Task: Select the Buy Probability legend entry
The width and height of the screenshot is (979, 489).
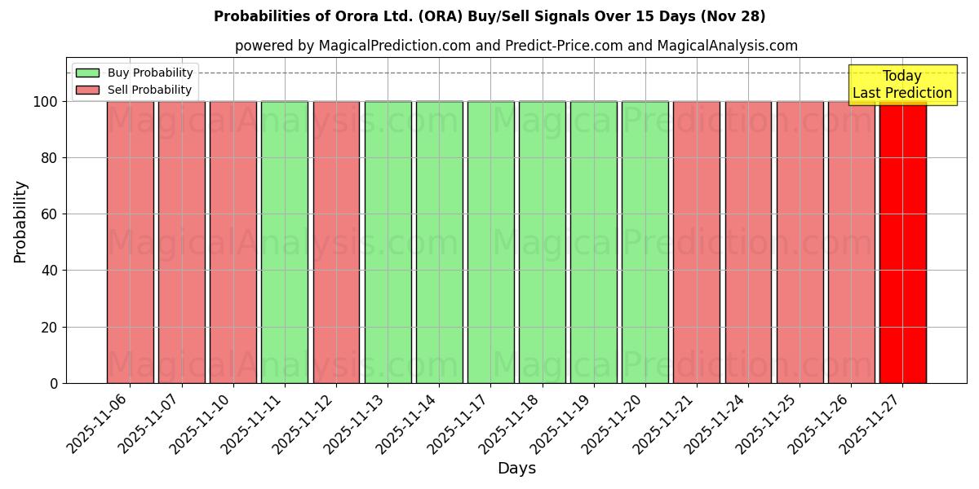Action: [x=135, y=73]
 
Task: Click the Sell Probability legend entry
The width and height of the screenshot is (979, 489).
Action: [x=135, y=90]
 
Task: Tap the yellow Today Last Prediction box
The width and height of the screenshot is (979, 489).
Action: [x=902, y=85]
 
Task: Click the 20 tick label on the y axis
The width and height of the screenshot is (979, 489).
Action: [x=50, y=328]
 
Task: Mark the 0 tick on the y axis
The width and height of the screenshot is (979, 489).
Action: [x=54, y=384]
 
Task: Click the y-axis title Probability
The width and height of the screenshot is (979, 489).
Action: [x=20, y=222]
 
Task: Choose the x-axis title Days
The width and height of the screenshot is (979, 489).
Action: [x=516, y=469]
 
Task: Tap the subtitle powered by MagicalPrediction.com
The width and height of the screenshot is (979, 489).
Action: [x=516, y=46]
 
